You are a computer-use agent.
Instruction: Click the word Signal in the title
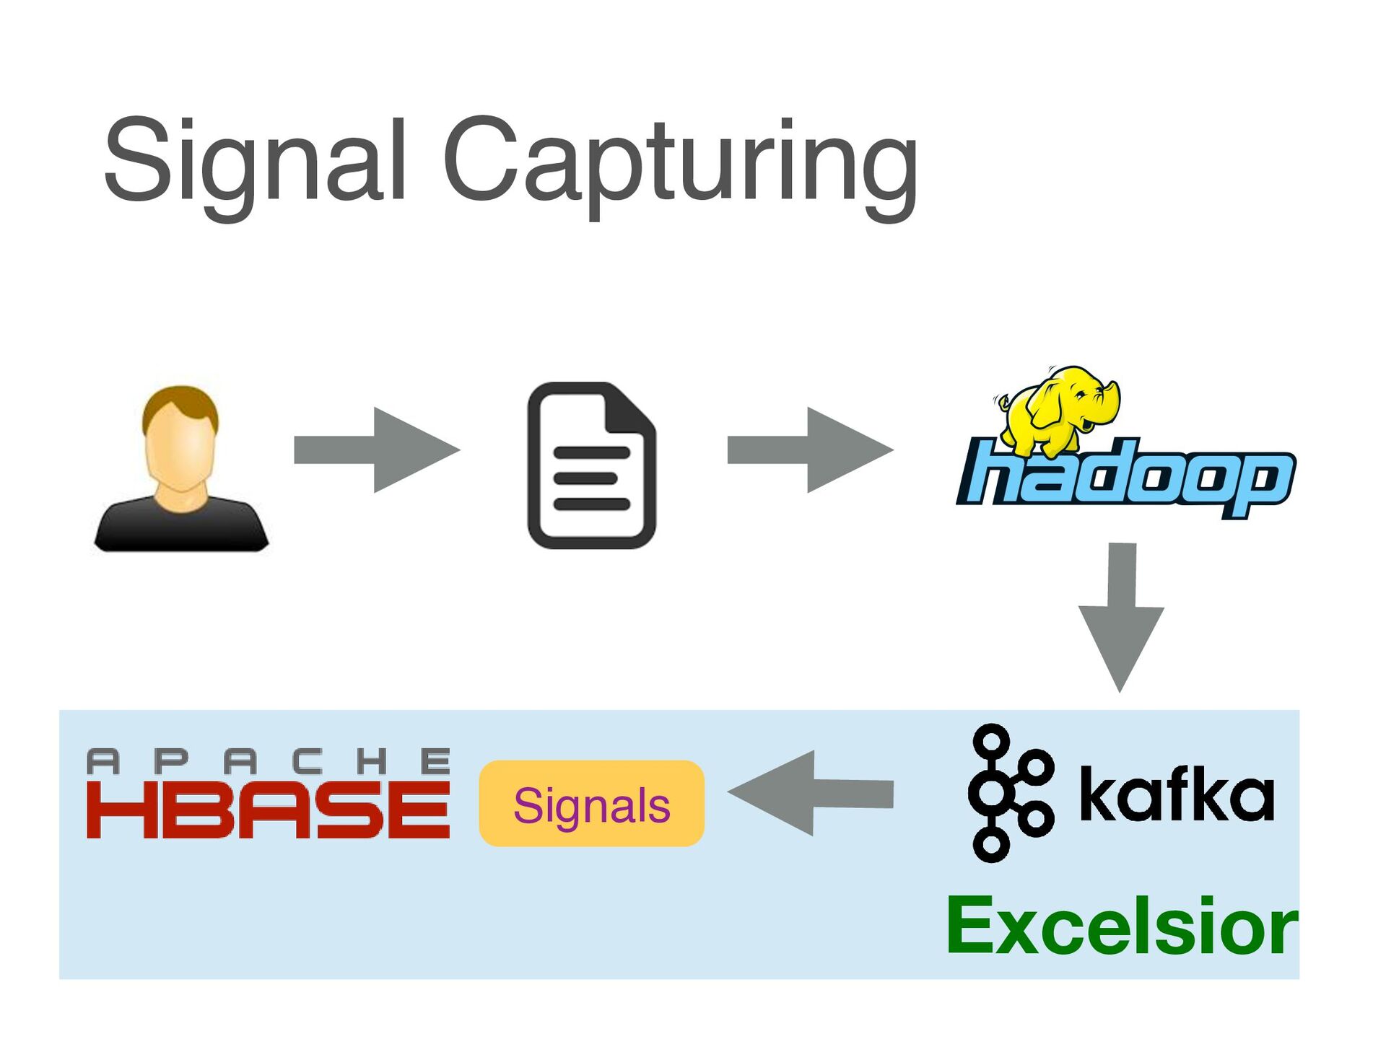pyautogui.click(x=254, y=160)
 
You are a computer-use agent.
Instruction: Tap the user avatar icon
pyautogui.click(x=181, y=469)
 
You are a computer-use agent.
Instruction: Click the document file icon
pyautogui.click(x=591, y=466)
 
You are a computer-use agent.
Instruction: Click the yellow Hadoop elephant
pyautogui.click(x=1058, y=408)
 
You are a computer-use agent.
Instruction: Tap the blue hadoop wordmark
pyautogui.click(x=1126, y=479)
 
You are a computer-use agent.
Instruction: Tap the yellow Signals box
pyautogui.click(x=591, y=804)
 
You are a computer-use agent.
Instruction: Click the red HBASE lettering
pyautogui.click(x=268, y=812)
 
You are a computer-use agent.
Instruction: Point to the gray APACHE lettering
pyautogui.click(x=268, y=762)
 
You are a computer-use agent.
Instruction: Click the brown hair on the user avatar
pyautogui.click(x=180, y=401)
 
